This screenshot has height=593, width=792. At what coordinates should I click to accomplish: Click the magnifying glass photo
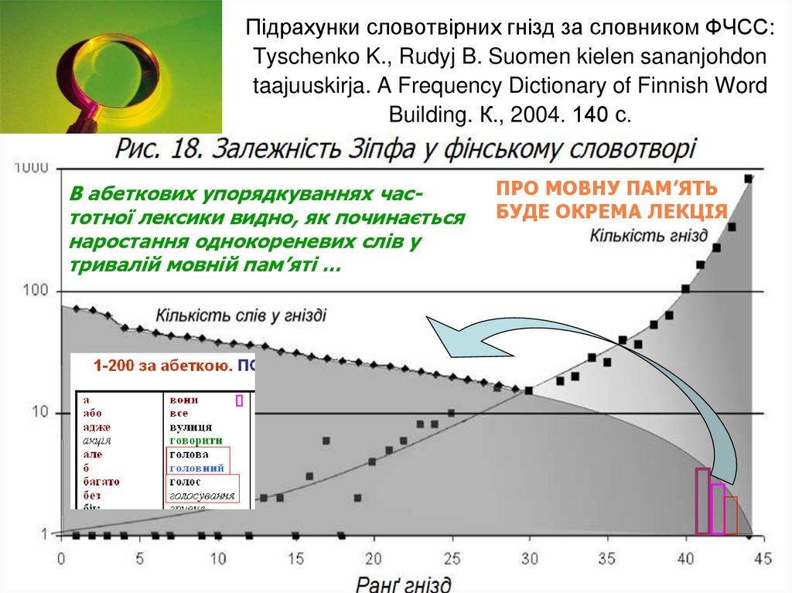click(x=111, y=66)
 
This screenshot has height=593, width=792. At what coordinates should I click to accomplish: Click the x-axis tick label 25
click(x=451, y=558)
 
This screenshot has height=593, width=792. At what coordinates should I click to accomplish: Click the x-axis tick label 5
click(x=139, y=558)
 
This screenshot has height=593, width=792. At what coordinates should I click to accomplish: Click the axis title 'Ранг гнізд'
click(x=404, y=582)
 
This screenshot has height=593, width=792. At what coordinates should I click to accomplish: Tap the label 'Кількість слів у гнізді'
click(x=241, y=315)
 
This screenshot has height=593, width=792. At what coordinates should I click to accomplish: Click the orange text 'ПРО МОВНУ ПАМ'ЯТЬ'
click(x=606, y=189)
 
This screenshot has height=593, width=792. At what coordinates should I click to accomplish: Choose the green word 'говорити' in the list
click(x=196, y=440)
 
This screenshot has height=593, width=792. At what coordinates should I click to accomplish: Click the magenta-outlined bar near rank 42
click(x=717, y=509)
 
